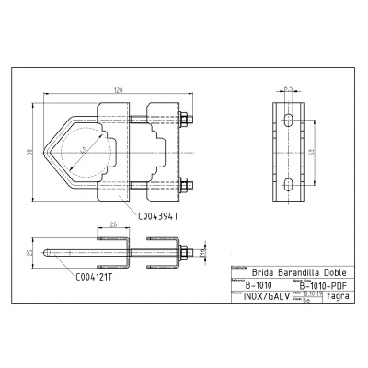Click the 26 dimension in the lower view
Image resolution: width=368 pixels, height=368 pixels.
pyautogui.click(x=113, y=223)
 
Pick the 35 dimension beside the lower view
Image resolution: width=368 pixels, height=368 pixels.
pyautogui.click(x=29, y=249)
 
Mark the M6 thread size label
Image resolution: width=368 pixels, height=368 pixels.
pyautogui.click(x=201, y=249)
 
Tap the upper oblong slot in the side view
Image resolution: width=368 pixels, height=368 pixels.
pyautogui.click(x=289, y=121)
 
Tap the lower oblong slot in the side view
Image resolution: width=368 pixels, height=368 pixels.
pyautogui.click(x=289, y=187)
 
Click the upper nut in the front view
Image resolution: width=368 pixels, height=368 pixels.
pyautogui.click(x=185, y=119)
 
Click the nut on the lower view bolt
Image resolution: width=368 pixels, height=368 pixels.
pyautogui.click(x=185, y=249)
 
